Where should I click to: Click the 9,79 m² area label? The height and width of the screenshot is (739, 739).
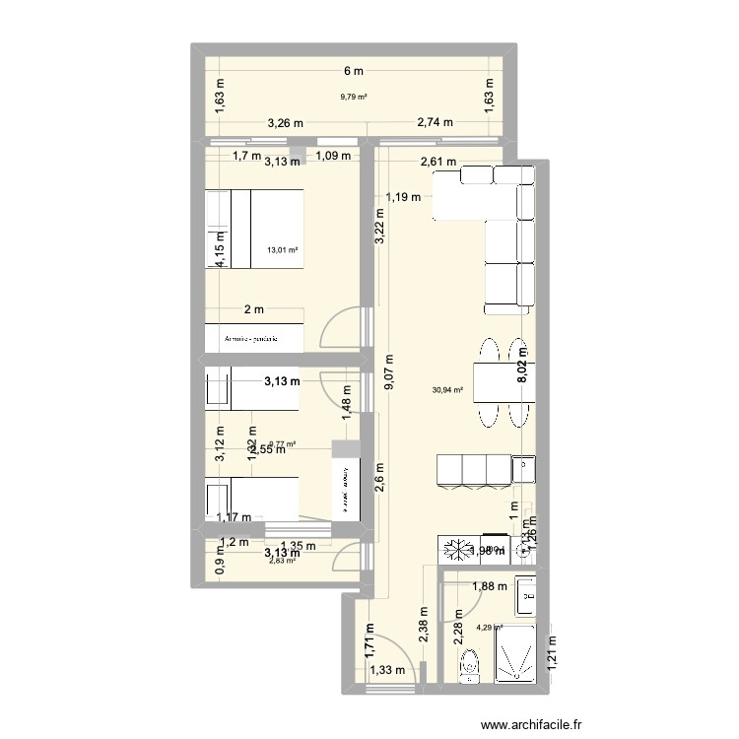354,97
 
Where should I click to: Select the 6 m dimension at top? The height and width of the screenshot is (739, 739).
354,71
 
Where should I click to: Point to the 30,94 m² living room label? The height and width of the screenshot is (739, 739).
446,390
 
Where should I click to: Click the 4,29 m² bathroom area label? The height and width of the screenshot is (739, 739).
490,627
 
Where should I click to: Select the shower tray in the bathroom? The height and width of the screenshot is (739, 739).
517,653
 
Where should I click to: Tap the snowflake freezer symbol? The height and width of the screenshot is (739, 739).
456,550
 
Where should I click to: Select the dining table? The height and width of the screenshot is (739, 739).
504,380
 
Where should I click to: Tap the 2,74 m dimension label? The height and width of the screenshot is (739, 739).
435,123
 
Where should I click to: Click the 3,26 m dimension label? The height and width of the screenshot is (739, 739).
286,123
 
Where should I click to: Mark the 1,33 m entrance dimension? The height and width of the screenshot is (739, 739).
386,671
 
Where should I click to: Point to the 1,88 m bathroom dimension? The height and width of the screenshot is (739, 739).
491,587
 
